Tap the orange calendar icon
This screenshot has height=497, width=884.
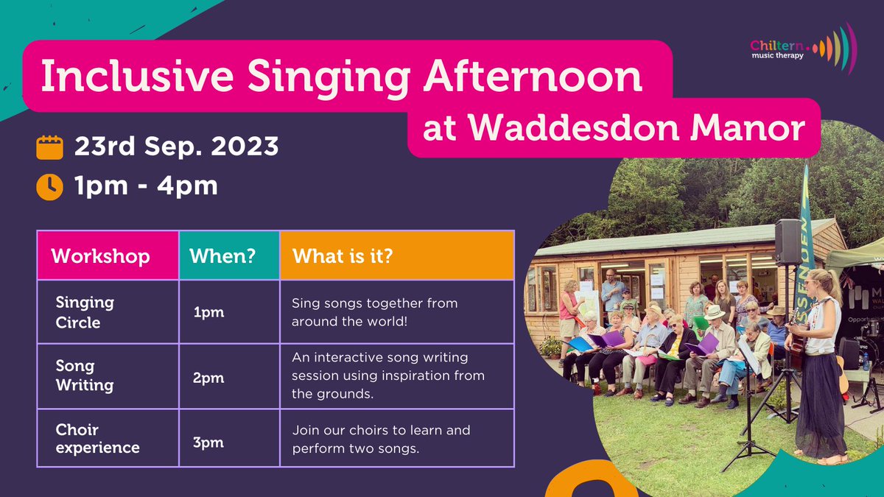click(50, 147)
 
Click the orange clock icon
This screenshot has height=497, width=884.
click(50, 186)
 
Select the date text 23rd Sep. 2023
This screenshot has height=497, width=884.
click(176, 147)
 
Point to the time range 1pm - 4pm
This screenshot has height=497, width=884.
click(146, 186)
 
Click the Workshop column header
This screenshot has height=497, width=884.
click(100, 255)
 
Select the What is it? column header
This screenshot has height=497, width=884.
click(342, 255)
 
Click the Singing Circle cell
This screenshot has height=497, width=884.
click(85, 311)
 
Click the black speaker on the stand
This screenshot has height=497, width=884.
click(787, 242)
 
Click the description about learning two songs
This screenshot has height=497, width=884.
click(381, 439)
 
